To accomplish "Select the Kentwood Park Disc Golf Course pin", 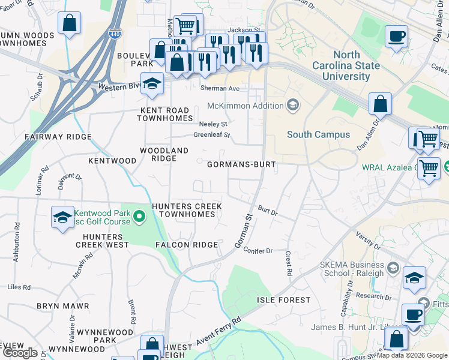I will [139, 215].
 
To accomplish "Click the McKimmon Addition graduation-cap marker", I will [292, 106].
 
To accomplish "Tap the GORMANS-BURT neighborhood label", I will [241, 164].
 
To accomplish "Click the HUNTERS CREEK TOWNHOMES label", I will [187, 210].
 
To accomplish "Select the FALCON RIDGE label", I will [187, 245].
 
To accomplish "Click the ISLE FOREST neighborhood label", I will [284, 299].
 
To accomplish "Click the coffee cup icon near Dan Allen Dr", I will [396, 36].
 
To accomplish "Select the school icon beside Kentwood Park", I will [62, 218].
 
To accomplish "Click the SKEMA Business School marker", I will [394, 267].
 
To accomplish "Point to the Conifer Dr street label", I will [258, 251].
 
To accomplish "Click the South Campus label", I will [318, 134].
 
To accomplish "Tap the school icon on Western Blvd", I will [152, 83].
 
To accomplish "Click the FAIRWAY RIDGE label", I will [58, 137].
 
